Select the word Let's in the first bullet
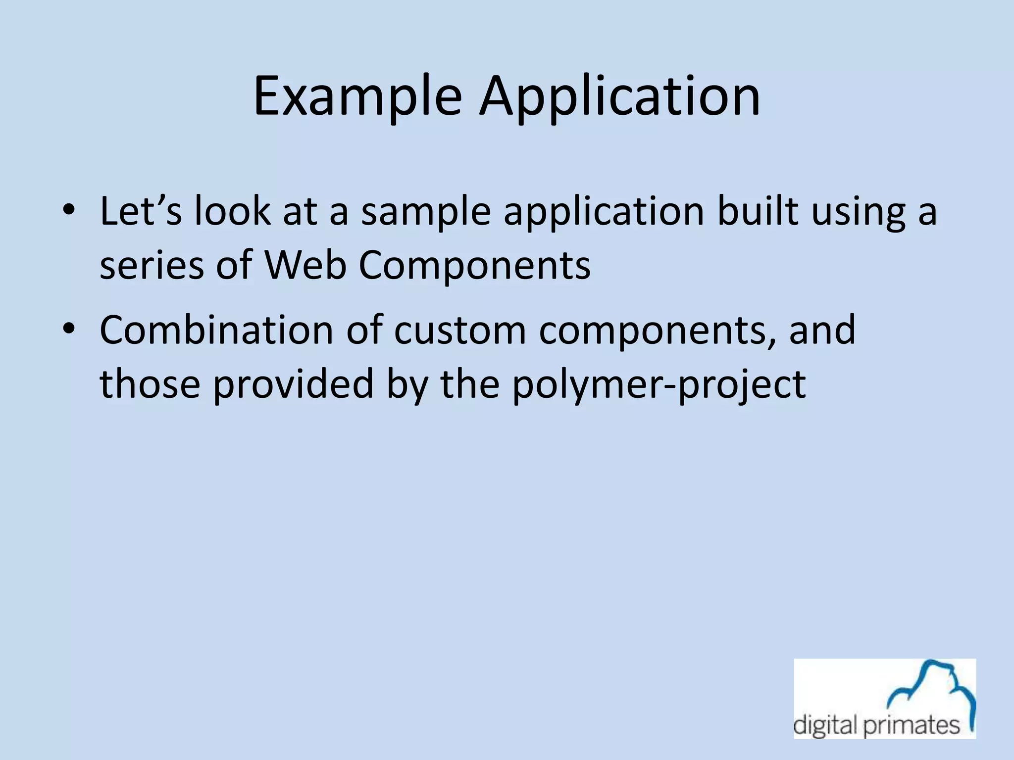click(x=141, y=212)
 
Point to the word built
click(x=758, y=212)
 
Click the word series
click(x=152, y=265)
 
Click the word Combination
click(x=216, y=331)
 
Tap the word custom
click(x=460, y=331)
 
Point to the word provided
click(x=293, y=384)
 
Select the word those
click(x=150, y=384)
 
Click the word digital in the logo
click(x=825, y=726)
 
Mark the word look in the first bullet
click(x=232, y=212)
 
